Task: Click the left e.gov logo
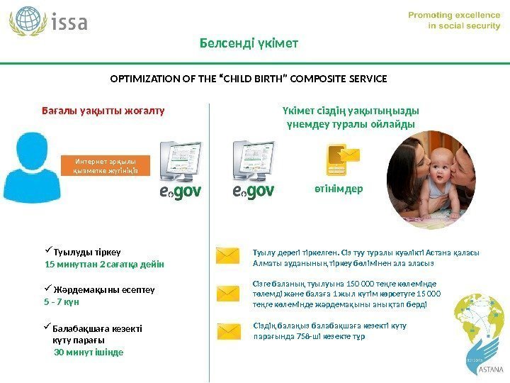point(179,191)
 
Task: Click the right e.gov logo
point(253,191)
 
